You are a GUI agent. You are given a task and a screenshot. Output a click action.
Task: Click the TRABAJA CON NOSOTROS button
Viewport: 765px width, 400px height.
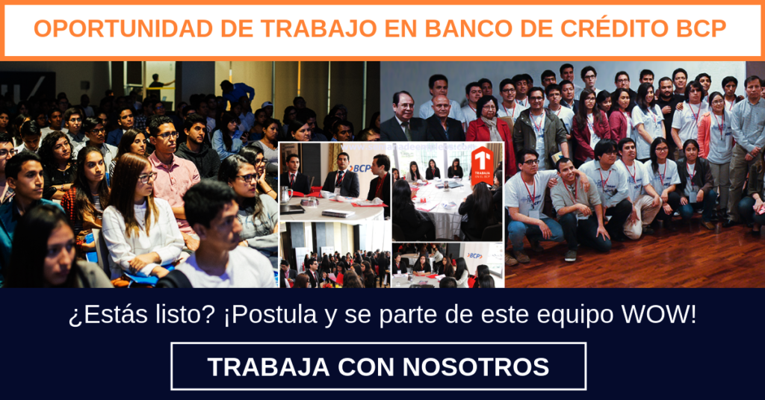tap(378, 366)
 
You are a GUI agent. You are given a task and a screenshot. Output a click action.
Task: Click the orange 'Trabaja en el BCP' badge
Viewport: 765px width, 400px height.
tap(481, 166)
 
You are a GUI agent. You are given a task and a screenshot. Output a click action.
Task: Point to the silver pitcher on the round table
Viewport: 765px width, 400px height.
tap(285, 195)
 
